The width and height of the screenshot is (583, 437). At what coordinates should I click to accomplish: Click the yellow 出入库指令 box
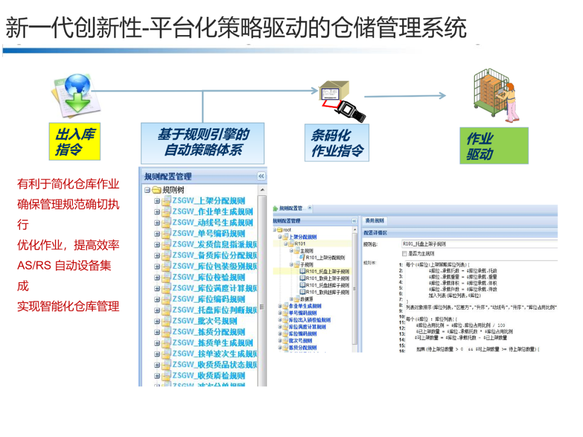click(x=74, y=142)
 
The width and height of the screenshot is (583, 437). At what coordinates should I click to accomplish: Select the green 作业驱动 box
click(x=493, y=146)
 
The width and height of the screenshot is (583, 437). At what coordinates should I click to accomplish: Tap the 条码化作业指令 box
click(x=336, y=142)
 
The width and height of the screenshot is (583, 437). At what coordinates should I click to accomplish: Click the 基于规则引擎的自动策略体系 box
click(x=202, y=142)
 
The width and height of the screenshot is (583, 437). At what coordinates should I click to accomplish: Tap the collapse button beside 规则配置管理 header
click(x=261, y=176)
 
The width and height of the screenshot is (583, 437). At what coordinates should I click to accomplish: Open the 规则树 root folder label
click(x=173, y=190)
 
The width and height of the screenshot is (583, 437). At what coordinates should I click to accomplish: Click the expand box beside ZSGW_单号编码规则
click(x=157, y=234)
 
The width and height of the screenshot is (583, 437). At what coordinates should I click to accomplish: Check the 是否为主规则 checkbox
click(x=404, y=253)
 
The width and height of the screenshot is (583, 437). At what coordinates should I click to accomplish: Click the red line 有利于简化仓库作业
click(x=68, y=184)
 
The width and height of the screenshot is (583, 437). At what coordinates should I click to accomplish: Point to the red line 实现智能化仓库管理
click(x=68, y=306)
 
